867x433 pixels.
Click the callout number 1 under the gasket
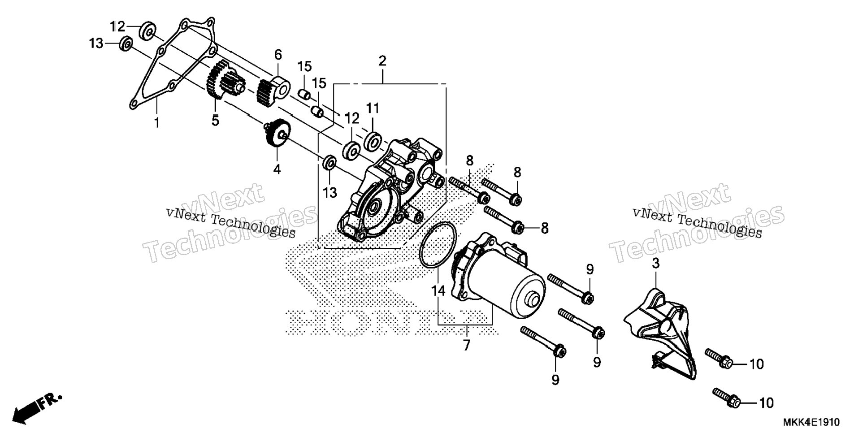pyautogui.click(x=157, y=122)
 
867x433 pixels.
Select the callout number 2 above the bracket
pyautogui.click(x=382, y=61)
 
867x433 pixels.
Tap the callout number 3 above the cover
pyautogui.click(x=655, y=264)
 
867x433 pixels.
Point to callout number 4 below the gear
pyautogui.click(x=277, y=169)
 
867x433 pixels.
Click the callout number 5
pyautogui.click(x=215, y=121)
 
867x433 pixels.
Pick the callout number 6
pyautogui.click(x=278, y=55)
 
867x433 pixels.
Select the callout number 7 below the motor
pyautogui.click(x=467, y=345)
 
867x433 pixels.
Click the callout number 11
pyautogui.click(x=373, y=108)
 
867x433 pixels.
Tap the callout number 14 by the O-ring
pyautogui.click(x=438, y=291)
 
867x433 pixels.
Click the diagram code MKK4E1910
pyautogui.click(x=811, y=422)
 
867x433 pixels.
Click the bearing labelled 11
pyautogui.click(x=373, y=140)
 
